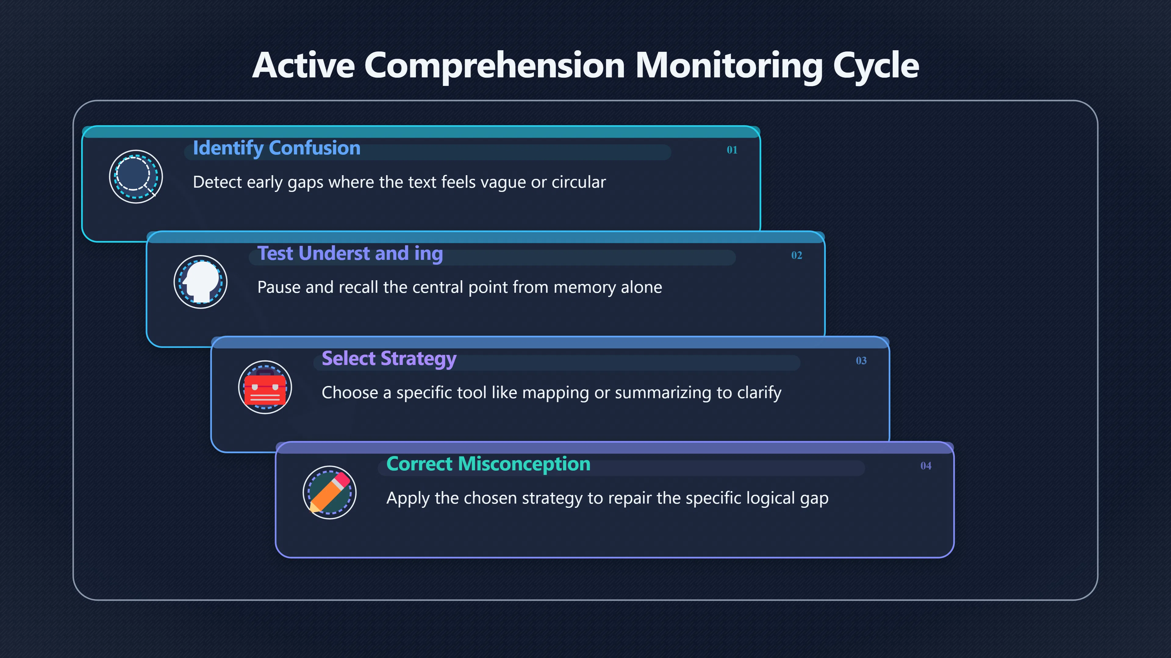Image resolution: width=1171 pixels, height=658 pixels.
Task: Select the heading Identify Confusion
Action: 276,148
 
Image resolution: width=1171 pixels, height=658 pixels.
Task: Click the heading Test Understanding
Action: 350,254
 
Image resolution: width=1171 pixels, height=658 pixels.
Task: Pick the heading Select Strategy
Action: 389,359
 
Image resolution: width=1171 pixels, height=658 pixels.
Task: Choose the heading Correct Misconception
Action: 488,464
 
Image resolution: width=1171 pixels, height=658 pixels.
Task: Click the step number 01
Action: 732,150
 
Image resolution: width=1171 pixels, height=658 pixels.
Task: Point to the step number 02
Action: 797,255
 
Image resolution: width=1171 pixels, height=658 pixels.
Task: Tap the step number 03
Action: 861,361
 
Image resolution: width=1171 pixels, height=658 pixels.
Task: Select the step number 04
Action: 926,466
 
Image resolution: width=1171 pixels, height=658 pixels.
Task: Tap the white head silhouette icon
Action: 200,282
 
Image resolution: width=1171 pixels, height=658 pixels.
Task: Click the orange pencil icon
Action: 330,493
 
